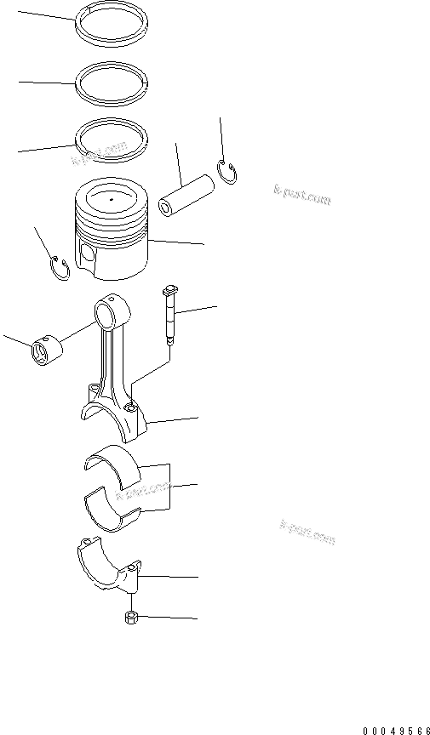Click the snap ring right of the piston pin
coord(228,172)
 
